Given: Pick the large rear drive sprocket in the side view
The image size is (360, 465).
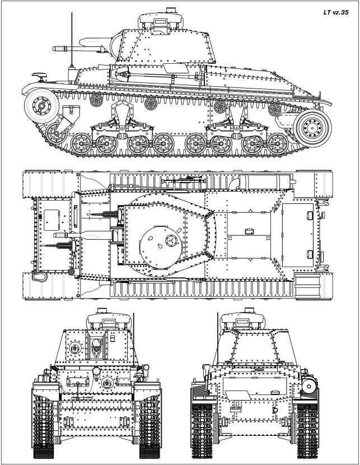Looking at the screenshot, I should [312, 128].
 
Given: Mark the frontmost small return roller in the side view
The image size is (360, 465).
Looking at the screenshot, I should [96, 100].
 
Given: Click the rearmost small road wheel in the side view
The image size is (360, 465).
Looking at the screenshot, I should [277, 145].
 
